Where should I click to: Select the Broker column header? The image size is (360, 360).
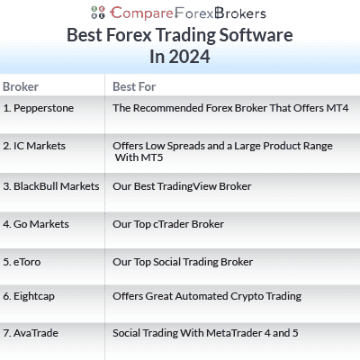click(x=21, y=86)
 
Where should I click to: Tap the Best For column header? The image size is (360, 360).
click(x=131, y=86)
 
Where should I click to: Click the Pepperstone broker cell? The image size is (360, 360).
click(x=39, y=107)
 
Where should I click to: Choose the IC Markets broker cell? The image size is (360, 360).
click(x=34, y=146)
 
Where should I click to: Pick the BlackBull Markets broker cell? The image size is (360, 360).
click(x=50, y=186)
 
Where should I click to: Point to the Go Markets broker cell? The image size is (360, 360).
click(x=36, y=223)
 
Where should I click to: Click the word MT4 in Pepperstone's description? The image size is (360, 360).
click(x=335, y=107)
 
